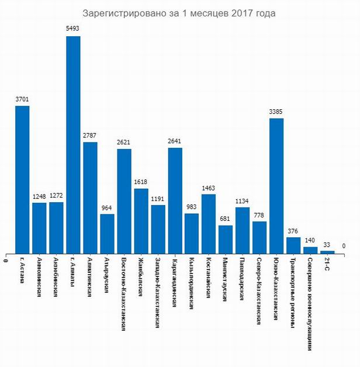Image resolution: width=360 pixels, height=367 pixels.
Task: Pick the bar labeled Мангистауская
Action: click(x=226, y=240)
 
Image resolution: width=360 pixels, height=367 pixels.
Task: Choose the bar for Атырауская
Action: click(x=107, y=234)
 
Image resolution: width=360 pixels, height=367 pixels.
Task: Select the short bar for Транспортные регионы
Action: click(x=293, y=245)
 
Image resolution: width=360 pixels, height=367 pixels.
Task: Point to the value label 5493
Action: click(x=73, y=28)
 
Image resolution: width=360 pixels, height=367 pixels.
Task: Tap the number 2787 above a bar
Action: click(x=90, y=135)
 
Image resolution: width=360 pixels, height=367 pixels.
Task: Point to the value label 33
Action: click(x=327, y=244)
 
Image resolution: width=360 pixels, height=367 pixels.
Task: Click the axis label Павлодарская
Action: click(x=241, y=278)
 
